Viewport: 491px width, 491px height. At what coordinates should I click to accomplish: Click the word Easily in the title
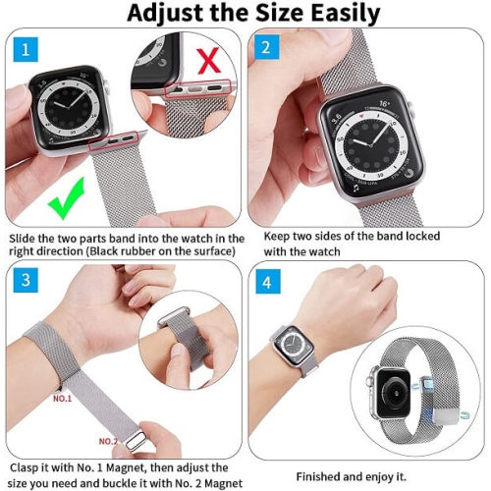331,13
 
